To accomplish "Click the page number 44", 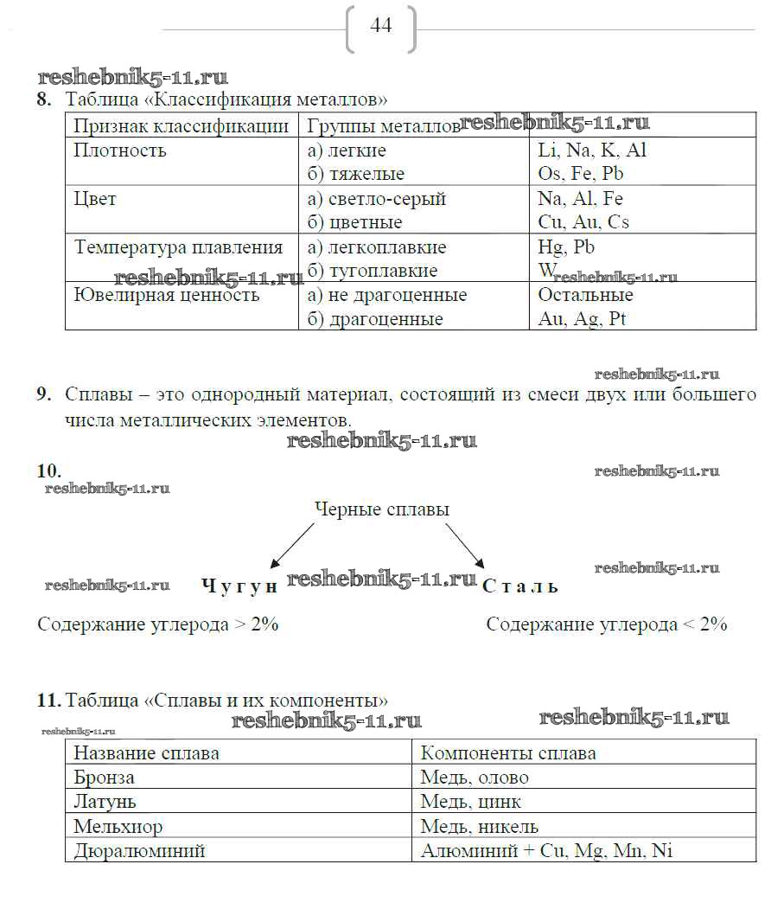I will click(x=380, y=26).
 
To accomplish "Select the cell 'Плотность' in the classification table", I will click(x=120, y=150).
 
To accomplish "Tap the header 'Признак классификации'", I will click(x=181, y=126).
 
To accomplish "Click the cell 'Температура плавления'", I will click(x=178, y=247).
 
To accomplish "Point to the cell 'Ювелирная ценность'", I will click(x=166, y=295).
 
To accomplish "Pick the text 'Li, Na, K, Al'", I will click(x=591, y=150).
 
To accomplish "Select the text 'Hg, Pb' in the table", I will click(x=566, y=247).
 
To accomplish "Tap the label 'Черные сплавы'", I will click(x=381, y=509).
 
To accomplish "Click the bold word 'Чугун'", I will click(x=239, y=586).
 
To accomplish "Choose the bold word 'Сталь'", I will click(x=520, y=586).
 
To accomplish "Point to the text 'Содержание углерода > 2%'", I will click(x=158, y=624).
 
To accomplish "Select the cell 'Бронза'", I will click(x=104, y=778).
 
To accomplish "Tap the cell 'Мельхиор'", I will click(x=118, y=826).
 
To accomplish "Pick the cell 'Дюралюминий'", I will click(x=139, y=850).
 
